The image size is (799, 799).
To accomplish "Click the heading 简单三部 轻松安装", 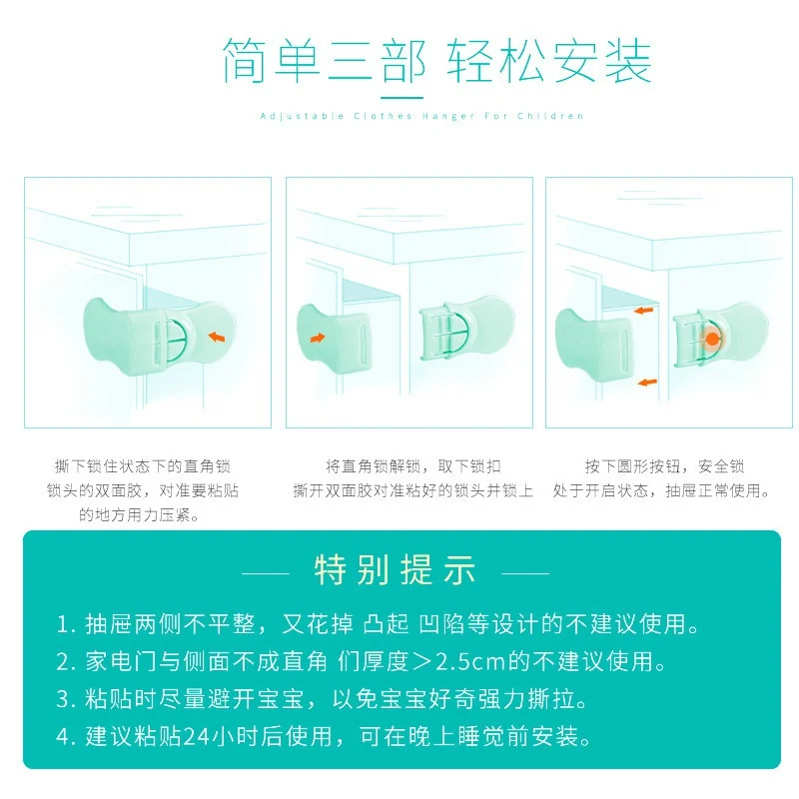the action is click(436, 61).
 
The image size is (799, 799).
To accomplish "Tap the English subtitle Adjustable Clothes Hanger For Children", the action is click(421, 116).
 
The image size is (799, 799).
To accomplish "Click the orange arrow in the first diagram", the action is click(217, 337).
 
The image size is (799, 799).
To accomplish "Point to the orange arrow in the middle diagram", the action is click(318, 338).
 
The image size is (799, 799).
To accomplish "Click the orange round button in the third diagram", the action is click(712, 339).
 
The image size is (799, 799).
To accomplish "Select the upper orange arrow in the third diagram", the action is click(643, 310).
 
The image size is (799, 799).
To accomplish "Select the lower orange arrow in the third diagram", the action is click(647, 383).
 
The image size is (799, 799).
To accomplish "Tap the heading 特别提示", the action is click(396, 569).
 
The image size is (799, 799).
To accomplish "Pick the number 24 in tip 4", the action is click(196, 736).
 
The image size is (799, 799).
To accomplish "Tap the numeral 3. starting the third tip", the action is click(66, 699).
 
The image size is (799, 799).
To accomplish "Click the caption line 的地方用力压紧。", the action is click(139, 514).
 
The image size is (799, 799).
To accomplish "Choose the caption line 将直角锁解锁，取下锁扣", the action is click(413, 465).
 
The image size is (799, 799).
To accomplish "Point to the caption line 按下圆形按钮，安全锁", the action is click(664, 465).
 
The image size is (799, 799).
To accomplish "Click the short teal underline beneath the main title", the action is click(402, 98).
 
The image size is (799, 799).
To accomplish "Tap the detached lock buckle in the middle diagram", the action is click(466, 329).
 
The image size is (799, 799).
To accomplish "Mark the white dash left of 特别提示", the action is click(266, 573).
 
